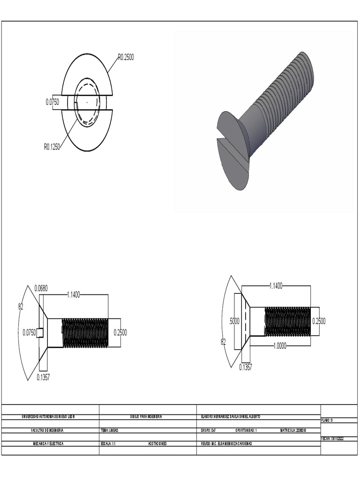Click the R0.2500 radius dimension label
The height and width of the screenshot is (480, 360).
tap(126, 57)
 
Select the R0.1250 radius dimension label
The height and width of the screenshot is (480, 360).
tap(52, 146)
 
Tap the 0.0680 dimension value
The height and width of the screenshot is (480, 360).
tap(41, 288)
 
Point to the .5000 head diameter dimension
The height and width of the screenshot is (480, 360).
tap(233, 321)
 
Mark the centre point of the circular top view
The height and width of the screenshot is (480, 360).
tap(87, 102)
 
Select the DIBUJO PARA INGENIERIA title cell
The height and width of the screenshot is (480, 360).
tap(146, 417)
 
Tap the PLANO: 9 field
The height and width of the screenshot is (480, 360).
tap(327, 420)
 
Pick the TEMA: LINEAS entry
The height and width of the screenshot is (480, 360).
tap(110, 430)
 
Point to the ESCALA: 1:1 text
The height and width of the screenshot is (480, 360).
tap(108, 443)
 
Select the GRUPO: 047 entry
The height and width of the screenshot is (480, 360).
tap(209, 430)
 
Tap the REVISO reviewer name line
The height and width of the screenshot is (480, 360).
tap(226, 443)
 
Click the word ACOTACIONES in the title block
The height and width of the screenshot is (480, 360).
tap(157, 443)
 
